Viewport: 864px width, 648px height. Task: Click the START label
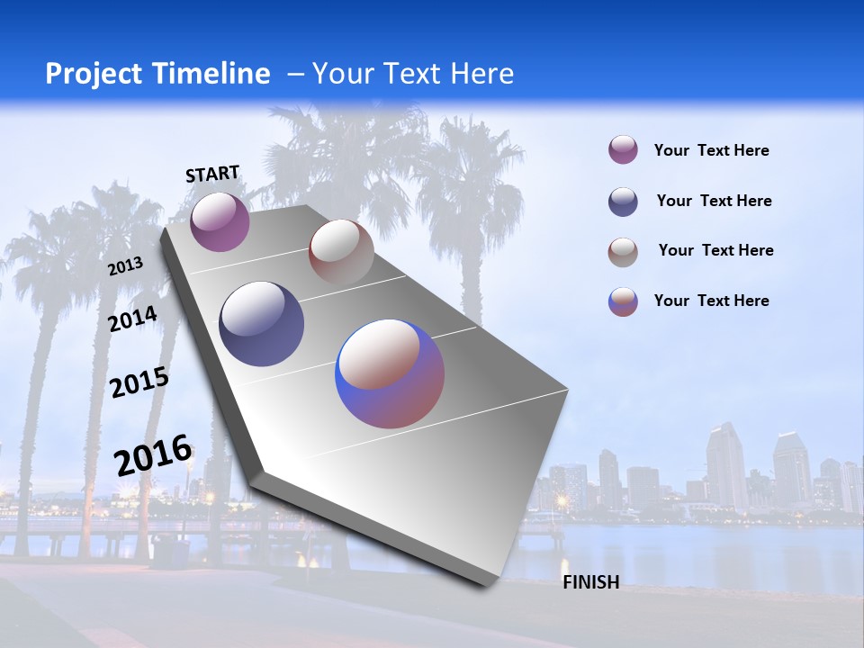click(212, 174)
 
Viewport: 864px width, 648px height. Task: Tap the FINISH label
click(590, 582)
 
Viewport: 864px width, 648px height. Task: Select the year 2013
click(126, 266)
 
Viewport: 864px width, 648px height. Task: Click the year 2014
click(133, 319)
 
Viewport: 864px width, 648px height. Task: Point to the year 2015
click(139, 382)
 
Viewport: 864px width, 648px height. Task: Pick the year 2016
click(153, 454)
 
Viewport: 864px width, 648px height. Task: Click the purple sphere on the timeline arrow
click(220, 221)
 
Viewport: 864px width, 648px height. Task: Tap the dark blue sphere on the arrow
click(261, 324)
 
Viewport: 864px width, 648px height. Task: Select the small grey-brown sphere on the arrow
click(341, 252)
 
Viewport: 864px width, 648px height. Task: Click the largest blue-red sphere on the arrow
click(390, 373)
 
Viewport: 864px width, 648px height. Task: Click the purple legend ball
click(623, 149)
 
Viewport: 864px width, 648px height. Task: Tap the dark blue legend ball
click(623, 202)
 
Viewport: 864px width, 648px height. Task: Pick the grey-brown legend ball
click(623, 252)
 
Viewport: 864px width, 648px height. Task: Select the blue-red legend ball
click(623, 301)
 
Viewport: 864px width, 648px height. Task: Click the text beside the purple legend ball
click(711, 150)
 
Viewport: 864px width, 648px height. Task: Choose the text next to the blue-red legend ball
click(711, 301)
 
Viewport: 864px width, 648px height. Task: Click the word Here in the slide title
click(481, 74)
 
